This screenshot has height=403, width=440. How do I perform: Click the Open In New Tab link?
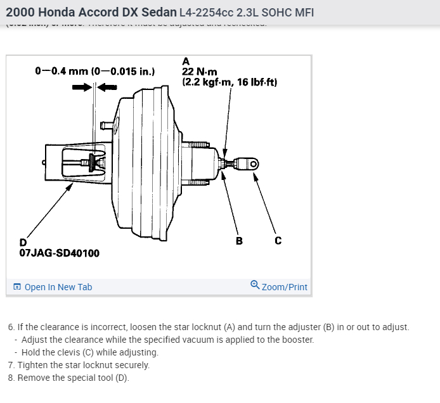pos(58,287)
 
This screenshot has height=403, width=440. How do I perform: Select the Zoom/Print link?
pos(284,287)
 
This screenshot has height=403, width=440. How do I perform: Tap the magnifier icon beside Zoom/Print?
pos(255,285)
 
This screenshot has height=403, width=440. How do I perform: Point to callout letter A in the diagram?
pos(186,61)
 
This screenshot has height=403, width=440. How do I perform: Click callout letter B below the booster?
pos(239,240)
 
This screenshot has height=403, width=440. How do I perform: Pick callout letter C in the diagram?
pos(278,240)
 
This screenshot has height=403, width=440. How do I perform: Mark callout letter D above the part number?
pos(23,242)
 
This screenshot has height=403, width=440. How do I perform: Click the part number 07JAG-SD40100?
pos(59,253)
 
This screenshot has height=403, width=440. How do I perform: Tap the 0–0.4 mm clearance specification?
pos(94,70)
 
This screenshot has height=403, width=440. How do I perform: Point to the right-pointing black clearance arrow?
pos(82,87)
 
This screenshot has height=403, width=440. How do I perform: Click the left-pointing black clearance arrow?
pos(106,87)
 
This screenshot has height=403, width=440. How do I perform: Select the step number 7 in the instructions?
pos(11,365)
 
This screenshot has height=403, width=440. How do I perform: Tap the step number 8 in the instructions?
pos(11,378)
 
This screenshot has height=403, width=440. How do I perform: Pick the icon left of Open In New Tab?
pos(17,287)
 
